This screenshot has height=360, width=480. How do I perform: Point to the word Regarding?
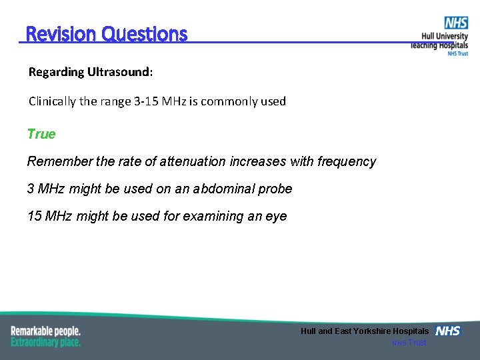(x=56, y=71)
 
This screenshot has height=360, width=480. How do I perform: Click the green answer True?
(x=41, y=134)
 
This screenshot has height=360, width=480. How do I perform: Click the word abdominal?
(x=221, y=189)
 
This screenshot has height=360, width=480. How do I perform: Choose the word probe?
(x=277, y=189)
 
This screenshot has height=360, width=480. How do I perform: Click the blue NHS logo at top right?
(x=456, y=23)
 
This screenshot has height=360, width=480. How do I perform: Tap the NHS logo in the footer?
(x=447, y=331)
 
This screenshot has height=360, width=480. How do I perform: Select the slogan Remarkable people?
(x=45, y=331)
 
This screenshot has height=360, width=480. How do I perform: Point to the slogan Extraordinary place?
(x=45, y=342)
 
